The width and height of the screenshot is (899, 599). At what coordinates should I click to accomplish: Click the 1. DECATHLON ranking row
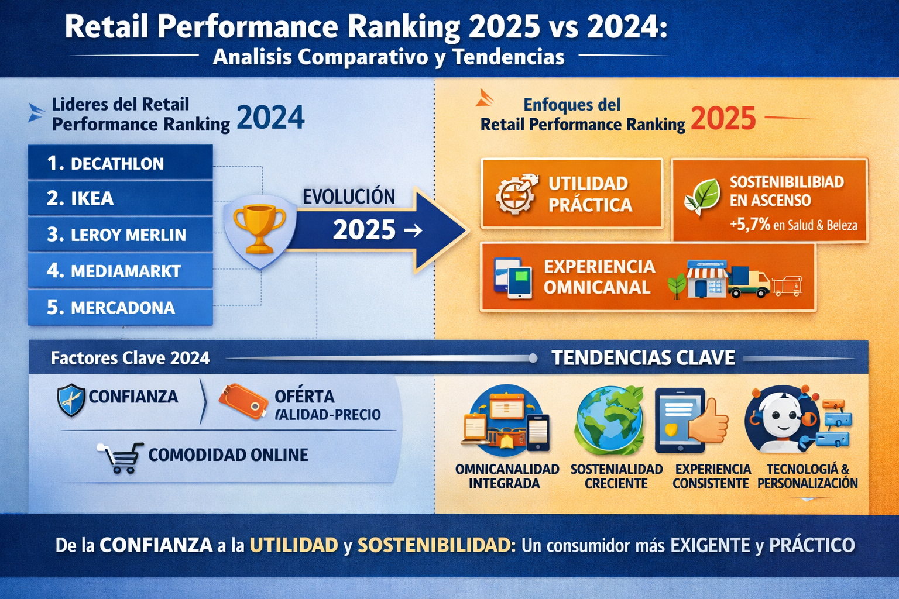coord(121,162)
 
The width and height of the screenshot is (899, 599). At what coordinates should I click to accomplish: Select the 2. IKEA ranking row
coord(121,198)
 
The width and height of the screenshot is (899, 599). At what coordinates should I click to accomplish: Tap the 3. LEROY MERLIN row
coord(121,235)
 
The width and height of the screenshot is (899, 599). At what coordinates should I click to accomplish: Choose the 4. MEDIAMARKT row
coord(121,270)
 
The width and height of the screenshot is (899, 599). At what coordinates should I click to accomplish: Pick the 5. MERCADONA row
coord(121,307)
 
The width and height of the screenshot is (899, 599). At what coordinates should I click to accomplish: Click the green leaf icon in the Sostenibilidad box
coord(703,197)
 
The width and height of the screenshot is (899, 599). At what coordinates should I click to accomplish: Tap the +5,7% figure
coord(750,225)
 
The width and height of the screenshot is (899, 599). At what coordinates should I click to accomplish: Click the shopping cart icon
coord(121,458)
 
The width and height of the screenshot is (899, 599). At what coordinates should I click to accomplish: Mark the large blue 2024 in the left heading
coord(270,117)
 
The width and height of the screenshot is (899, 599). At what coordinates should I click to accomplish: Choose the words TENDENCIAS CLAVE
coord(643,357)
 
